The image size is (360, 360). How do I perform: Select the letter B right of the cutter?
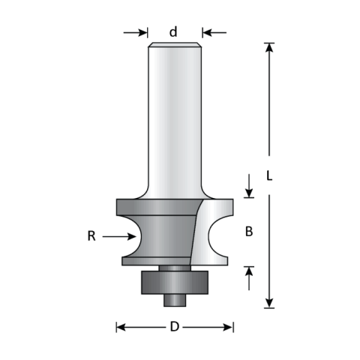[249, 232]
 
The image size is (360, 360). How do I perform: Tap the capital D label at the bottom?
[175, 327]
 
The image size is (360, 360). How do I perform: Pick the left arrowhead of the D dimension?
[120, 327]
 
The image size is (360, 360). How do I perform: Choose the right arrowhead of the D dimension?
[229, 327]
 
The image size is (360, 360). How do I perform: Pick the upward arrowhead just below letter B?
[249, 268]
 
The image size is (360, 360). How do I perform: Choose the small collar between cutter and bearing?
[175, 265]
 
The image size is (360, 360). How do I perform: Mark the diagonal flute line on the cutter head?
[198, 229]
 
